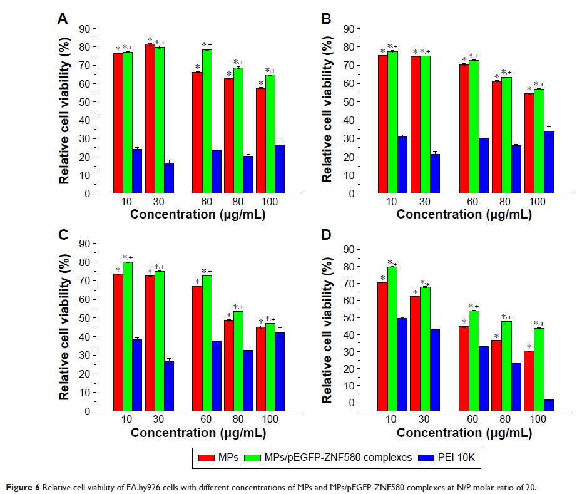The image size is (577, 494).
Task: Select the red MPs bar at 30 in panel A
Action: click(150, 119)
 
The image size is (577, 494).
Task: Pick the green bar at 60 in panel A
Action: click(207, 121)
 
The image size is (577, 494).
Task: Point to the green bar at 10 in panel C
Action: click(128, 336)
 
